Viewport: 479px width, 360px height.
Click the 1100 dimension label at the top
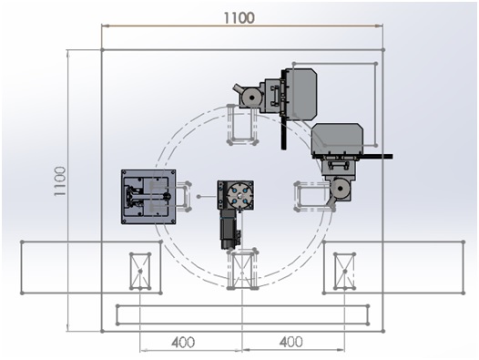241,17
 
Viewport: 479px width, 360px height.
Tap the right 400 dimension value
290,342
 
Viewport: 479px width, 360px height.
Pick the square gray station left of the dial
148,195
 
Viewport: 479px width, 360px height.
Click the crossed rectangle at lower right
344,272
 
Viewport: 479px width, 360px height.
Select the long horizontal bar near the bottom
242,314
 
